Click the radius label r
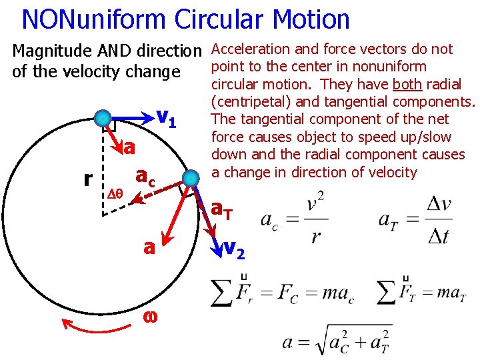point(88,179)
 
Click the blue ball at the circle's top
point(103,119)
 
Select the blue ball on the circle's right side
point(191,178)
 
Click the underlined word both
point(407,84)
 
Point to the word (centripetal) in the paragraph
point(247,101)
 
